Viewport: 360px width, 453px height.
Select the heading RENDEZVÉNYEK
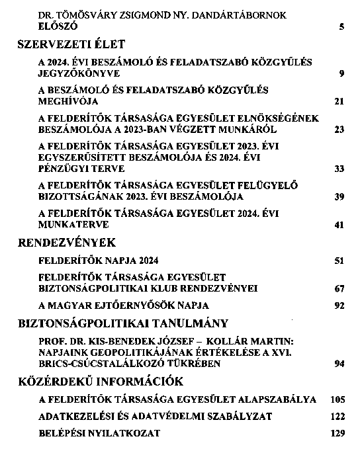[66, 243]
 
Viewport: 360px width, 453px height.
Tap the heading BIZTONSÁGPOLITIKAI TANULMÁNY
[122, 323]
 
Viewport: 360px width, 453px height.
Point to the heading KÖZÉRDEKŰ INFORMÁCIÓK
[103, 382]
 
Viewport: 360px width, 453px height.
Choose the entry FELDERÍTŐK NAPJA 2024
[99, 261]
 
